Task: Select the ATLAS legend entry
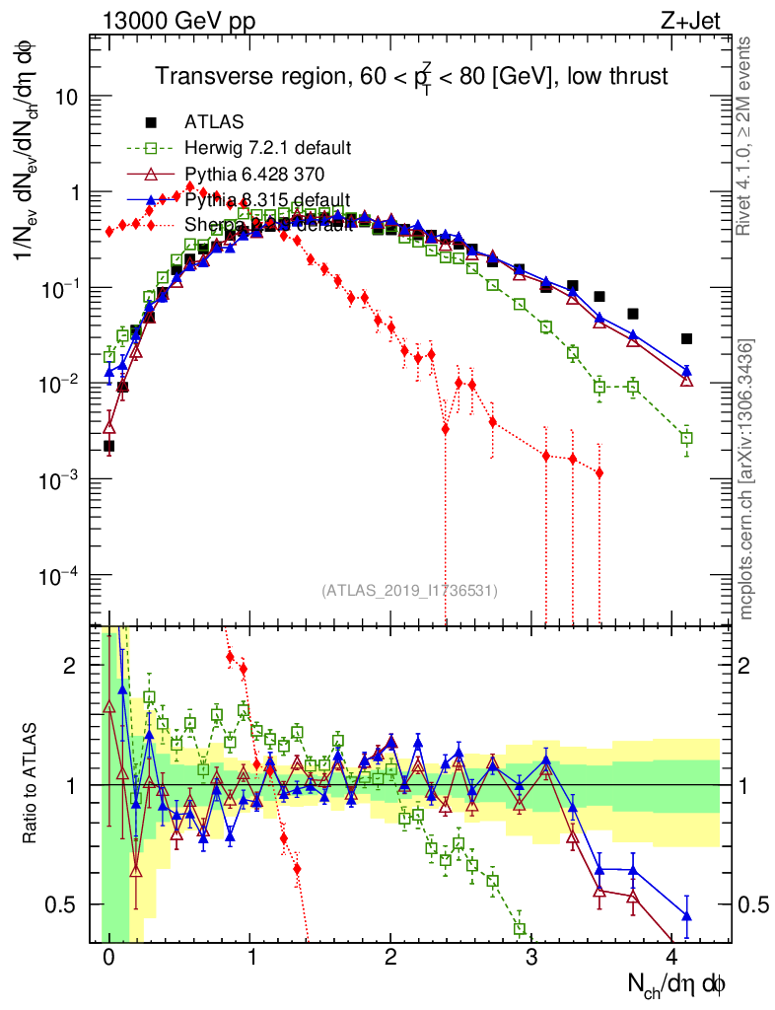pyautogui.click(x=215, y=122)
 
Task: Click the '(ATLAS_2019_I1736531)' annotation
pyautogui.click(x=409, y=591)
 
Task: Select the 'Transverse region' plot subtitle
pyautogui.click(x=414, y=76)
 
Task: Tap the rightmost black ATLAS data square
pyautogui.click(x=686, y=338)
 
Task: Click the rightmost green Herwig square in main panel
pyautogui.click(x=687, y=437)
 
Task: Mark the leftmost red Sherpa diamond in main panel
pyautogui.click(x=109, y=232)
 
